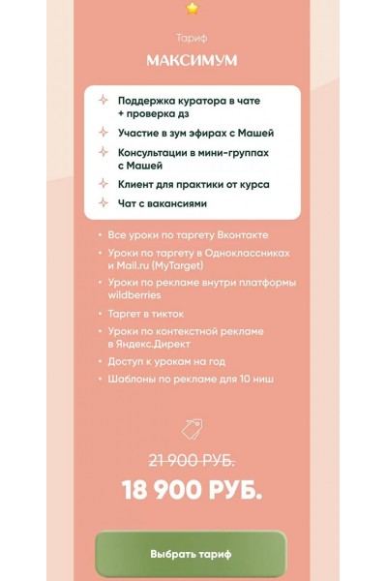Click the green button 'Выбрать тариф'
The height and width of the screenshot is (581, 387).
(191, 554)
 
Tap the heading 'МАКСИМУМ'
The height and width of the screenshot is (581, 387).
(192, 60)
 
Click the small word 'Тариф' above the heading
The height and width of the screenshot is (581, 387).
(192, 39)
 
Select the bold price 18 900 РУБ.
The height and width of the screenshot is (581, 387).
(192, 491)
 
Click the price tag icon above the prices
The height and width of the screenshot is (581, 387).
(192, 427)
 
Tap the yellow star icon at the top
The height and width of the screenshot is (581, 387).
(192, 9)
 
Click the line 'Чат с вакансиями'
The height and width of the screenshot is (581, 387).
(163, 204)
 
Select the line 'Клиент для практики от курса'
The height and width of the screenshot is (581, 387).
(193, 183)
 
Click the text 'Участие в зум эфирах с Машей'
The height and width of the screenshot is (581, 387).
(195, 132)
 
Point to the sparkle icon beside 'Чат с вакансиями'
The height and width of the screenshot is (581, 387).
(103, 204)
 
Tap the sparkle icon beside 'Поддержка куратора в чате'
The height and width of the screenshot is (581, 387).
(103, 101)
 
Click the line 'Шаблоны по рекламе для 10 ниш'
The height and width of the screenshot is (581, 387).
(190, 379)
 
